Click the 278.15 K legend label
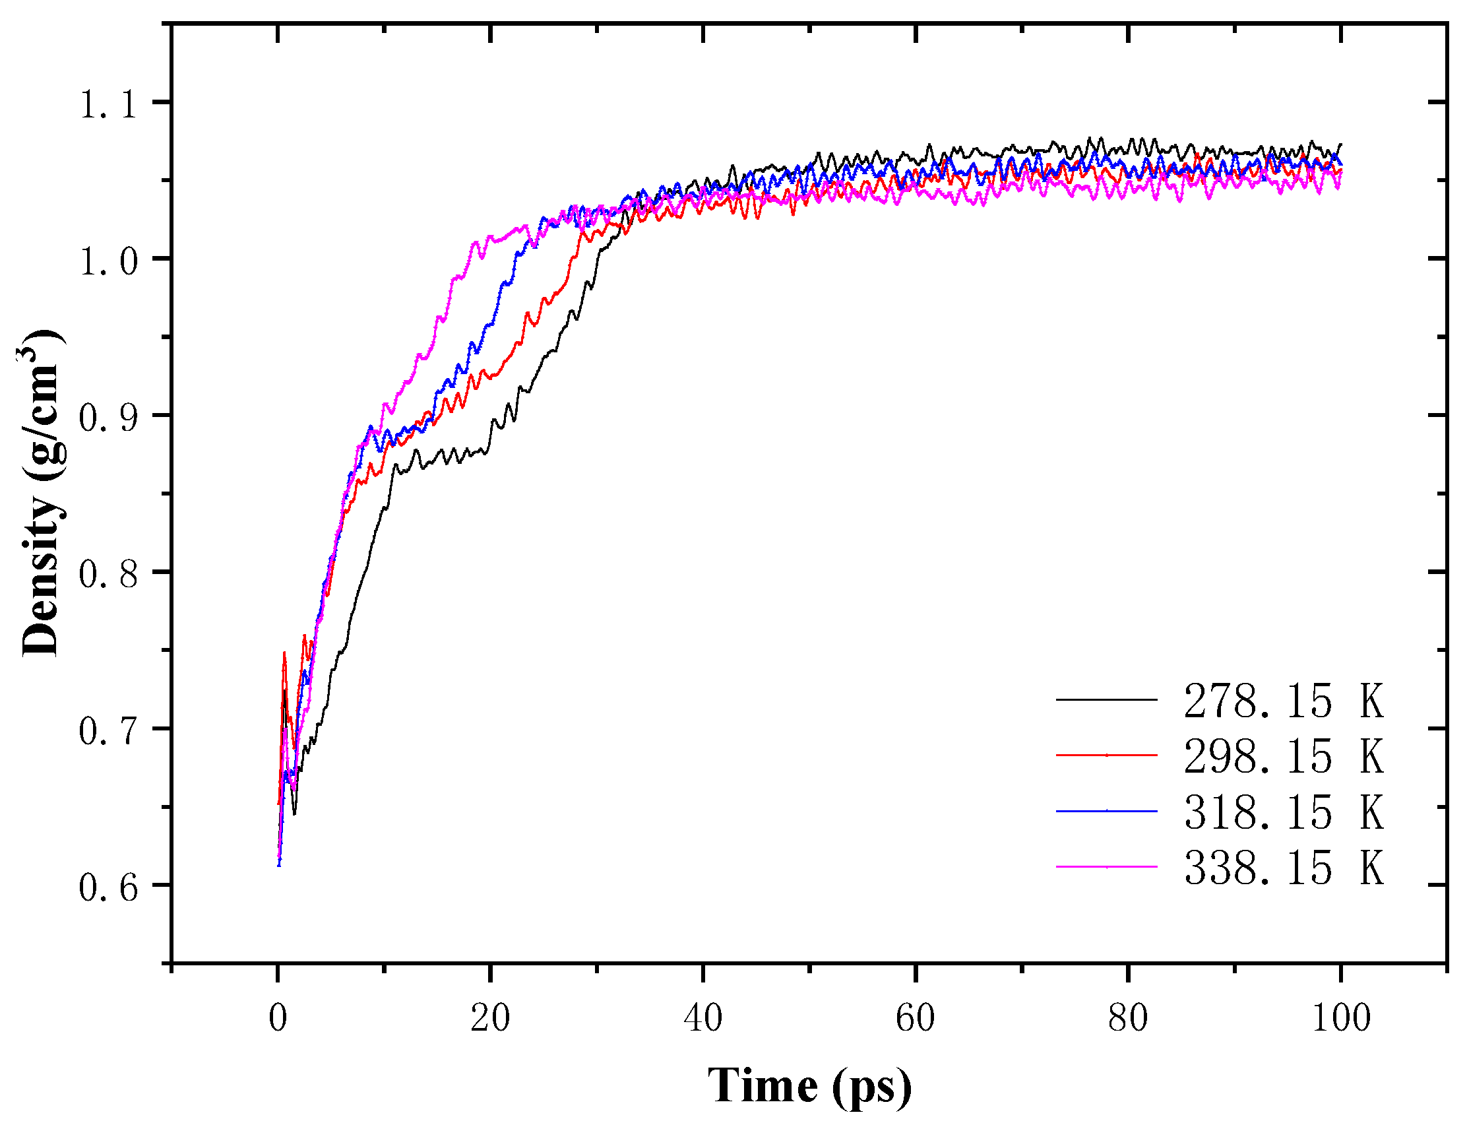pyautogui.click(x=1282, y=703)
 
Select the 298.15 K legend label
pyautogui.click(x=1282, y=758)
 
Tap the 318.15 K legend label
pyautogui.click(x=1282, y=814)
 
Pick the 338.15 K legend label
pyautogui.click(x=1282, y=869)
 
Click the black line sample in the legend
pyautogui.click(x=1106, y=700)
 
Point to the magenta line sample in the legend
pyautogui.click(x=1106, y=867)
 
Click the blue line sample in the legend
pyautogui.click(x=1106, y=812)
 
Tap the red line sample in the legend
pyautogui.click(x=1106, y=755)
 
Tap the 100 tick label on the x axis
pyautogui.click(x=1340, y=1019)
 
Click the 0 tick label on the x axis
pyautogui.click(x=278, y=1019)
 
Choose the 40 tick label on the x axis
pyautogui.click(x=702, y=1019)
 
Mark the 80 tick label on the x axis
pyautogui.click(x=1128, y=1019)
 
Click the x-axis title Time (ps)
pyautogui.click(x=809, y=1086)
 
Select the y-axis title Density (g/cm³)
pyautogui.click(x=42, y=494)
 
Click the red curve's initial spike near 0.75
pyautogui.click(x=284, y=654)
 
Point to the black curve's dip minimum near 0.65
pyautogui.click(x=294, y=813)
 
